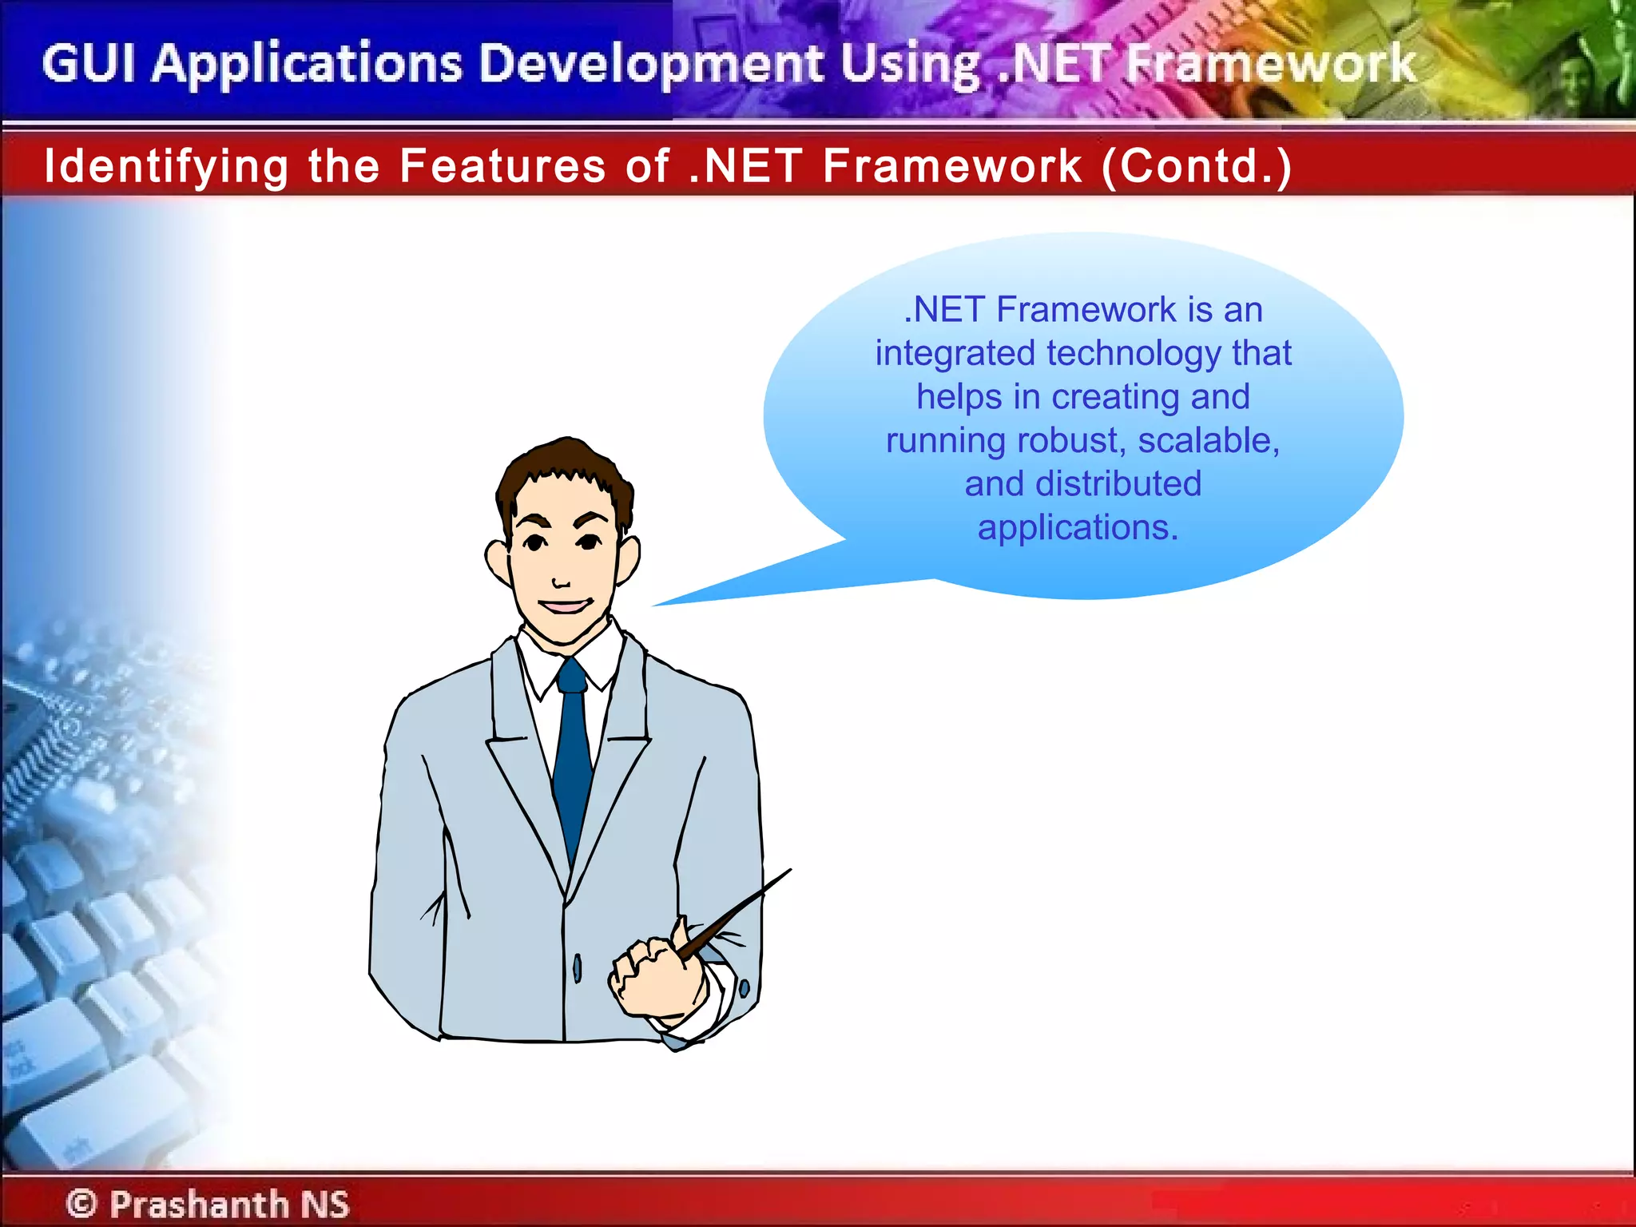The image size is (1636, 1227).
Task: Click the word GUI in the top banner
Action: pyautogui.click(x=88, y=64)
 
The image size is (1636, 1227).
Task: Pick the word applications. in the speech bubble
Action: pyautogui.click(x=1078, y=527)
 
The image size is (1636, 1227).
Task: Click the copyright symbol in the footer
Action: pyautogui.click(x=81, y=1203)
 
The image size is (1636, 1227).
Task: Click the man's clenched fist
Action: pyautogui.click(x=651, y=979)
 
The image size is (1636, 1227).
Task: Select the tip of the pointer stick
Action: pyautogui.click(x=788, y=871)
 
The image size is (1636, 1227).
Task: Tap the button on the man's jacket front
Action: pyautogui.click(x=577, y=968)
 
